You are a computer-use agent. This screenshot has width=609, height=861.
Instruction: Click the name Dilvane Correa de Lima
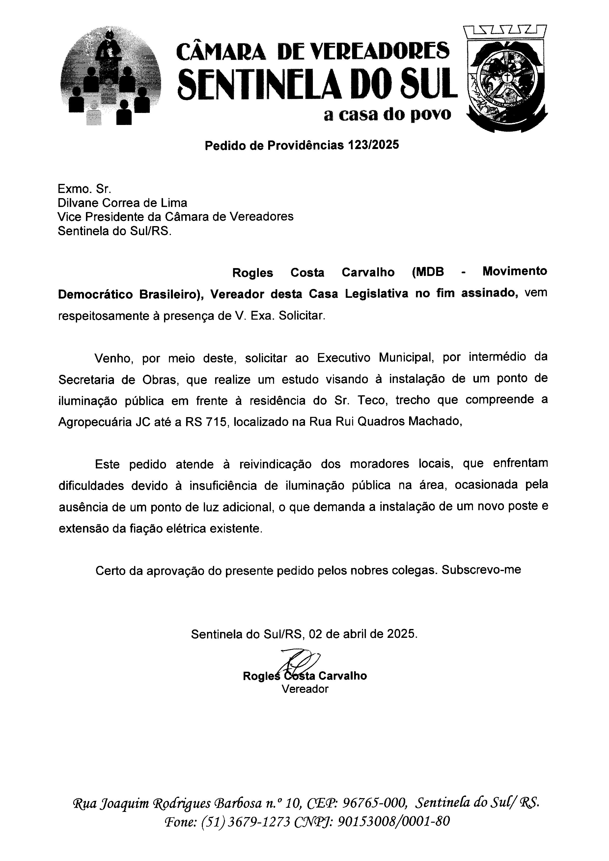click(122, 203)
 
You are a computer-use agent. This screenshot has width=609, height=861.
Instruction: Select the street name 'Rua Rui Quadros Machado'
click(384, 422)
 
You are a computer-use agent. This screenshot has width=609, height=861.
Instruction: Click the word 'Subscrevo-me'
click(481, 570)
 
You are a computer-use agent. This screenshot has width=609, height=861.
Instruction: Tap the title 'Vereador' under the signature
click(305, 689)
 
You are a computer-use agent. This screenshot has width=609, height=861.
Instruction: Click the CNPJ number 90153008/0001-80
click(393, 821)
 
